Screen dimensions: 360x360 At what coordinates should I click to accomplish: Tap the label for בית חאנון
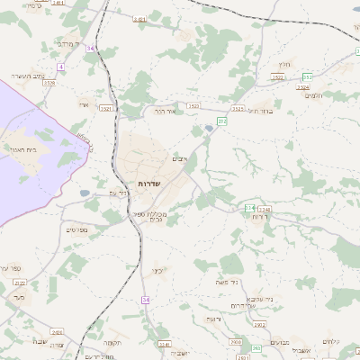point(22,149)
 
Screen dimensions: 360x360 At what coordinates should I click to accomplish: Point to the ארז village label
point(84,105)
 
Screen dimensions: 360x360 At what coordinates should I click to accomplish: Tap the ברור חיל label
point(260,110)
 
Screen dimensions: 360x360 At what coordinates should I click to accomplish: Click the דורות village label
point(260,217)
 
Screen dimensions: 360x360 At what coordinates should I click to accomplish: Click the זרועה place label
point(213,319)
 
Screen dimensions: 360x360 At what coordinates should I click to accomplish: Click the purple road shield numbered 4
point(59,67)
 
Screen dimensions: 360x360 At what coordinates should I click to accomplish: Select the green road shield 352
point(307,76)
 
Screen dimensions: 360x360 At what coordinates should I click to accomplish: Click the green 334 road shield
point(249,208)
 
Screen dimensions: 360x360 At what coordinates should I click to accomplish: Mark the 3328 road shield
point(49,83)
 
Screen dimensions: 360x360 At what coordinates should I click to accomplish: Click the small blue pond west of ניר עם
point(84,193)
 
